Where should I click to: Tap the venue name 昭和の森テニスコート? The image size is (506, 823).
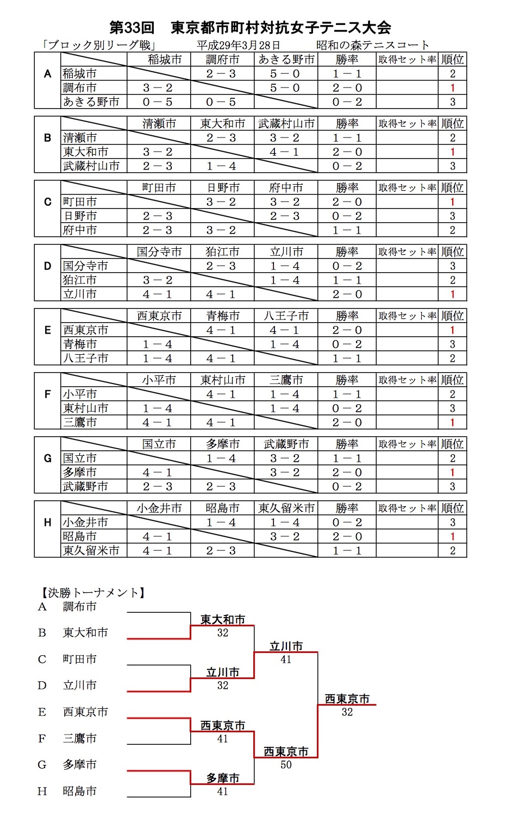[373, 45]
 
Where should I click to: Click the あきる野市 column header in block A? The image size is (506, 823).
[286, 60]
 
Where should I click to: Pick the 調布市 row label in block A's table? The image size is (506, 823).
[80, 88]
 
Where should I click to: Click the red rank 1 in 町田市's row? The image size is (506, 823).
[452, 202]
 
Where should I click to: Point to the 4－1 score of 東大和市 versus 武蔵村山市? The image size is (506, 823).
[285, 152]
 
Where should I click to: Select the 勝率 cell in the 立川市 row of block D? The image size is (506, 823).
[347, 294]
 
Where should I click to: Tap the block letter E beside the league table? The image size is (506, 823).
[48, 330]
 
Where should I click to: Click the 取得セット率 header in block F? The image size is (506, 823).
[407, 380]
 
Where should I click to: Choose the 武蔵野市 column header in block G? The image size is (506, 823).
[286, 444]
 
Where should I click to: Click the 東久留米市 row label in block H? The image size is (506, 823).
[91, 551]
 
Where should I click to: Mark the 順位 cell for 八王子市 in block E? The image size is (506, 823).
[452, 359]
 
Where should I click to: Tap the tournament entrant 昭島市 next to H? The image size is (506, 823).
[80, 791]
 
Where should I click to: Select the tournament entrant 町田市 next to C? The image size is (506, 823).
[80, 659]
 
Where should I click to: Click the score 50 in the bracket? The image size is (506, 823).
[286, 765]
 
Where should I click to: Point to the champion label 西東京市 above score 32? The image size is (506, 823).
[347, 699]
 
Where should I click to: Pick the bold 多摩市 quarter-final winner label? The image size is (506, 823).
[223, 778]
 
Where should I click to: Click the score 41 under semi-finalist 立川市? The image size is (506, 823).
[286, 659]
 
